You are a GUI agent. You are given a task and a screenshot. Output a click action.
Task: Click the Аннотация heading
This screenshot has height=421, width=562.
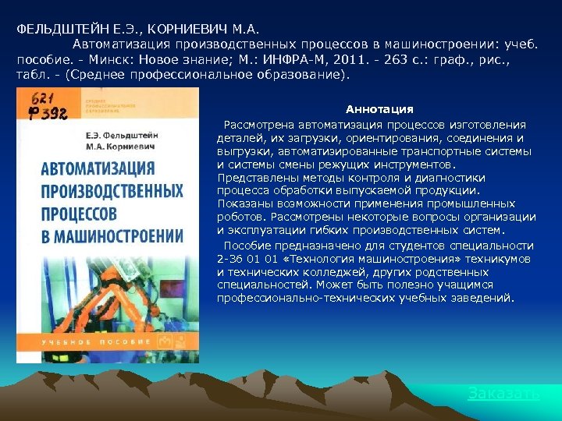(379, 109)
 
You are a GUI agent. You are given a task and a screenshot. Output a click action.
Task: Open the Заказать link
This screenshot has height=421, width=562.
(503, 394)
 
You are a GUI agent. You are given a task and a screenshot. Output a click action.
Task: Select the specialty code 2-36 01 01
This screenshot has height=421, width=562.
(248, 259)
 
